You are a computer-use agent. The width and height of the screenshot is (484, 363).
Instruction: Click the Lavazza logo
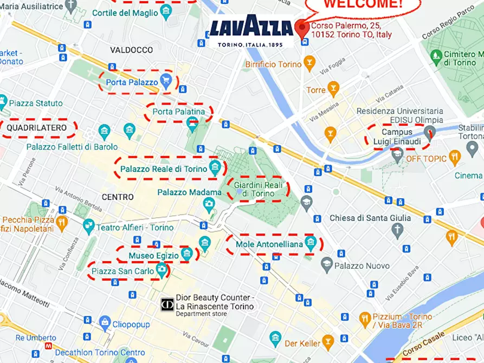click(x=251, y=31)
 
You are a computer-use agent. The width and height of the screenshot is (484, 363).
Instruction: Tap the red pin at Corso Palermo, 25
click(x=302, y=27)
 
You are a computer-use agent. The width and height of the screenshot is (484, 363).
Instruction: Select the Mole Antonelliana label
click(x=269, y=244)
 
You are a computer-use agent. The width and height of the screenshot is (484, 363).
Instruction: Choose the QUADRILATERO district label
click(x=37, y=128)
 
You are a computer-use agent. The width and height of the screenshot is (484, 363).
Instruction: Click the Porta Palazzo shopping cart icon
click(x=166, y=82)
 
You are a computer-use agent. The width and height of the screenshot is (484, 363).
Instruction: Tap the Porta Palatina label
click(x=179, y=112)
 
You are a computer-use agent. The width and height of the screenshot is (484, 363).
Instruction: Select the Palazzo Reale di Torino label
click(x=164, y=169)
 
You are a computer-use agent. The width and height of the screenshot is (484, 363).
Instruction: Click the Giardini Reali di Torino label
click(x=258, y=189)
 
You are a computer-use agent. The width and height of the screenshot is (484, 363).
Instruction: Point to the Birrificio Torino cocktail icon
click(x=309, y=64)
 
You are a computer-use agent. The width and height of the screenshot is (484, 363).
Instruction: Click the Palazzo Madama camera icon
click(x=209, y=204)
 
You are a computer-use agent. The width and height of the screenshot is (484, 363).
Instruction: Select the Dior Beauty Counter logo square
click(x=167, y=305)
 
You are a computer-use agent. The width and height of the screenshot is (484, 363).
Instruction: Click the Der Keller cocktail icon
click(x=328, y=342)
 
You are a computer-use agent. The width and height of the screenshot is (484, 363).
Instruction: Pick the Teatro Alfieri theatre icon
click(x=88, y=227)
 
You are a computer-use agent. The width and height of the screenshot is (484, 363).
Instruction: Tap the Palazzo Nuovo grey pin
click(x=326, y=265)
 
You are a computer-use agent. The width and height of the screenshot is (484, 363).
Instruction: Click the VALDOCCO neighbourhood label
click(x=131, y=50)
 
